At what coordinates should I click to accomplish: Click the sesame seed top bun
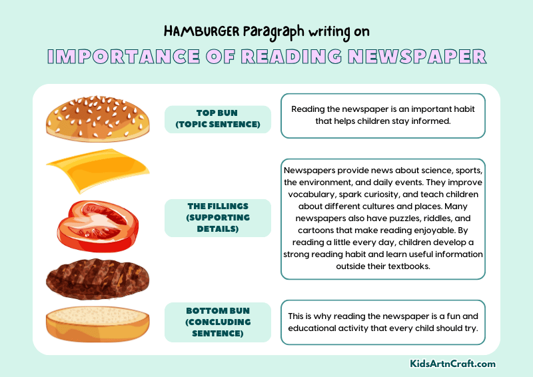[97, 119]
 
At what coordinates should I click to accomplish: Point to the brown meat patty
[97, 278]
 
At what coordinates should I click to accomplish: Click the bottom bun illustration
[97, 324]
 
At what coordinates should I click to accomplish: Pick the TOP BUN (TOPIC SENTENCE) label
[217, 119]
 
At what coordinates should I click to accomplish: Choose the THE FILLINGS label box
[217, 218]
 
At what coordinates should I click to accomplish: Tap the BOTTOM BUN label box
[217, 322]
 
